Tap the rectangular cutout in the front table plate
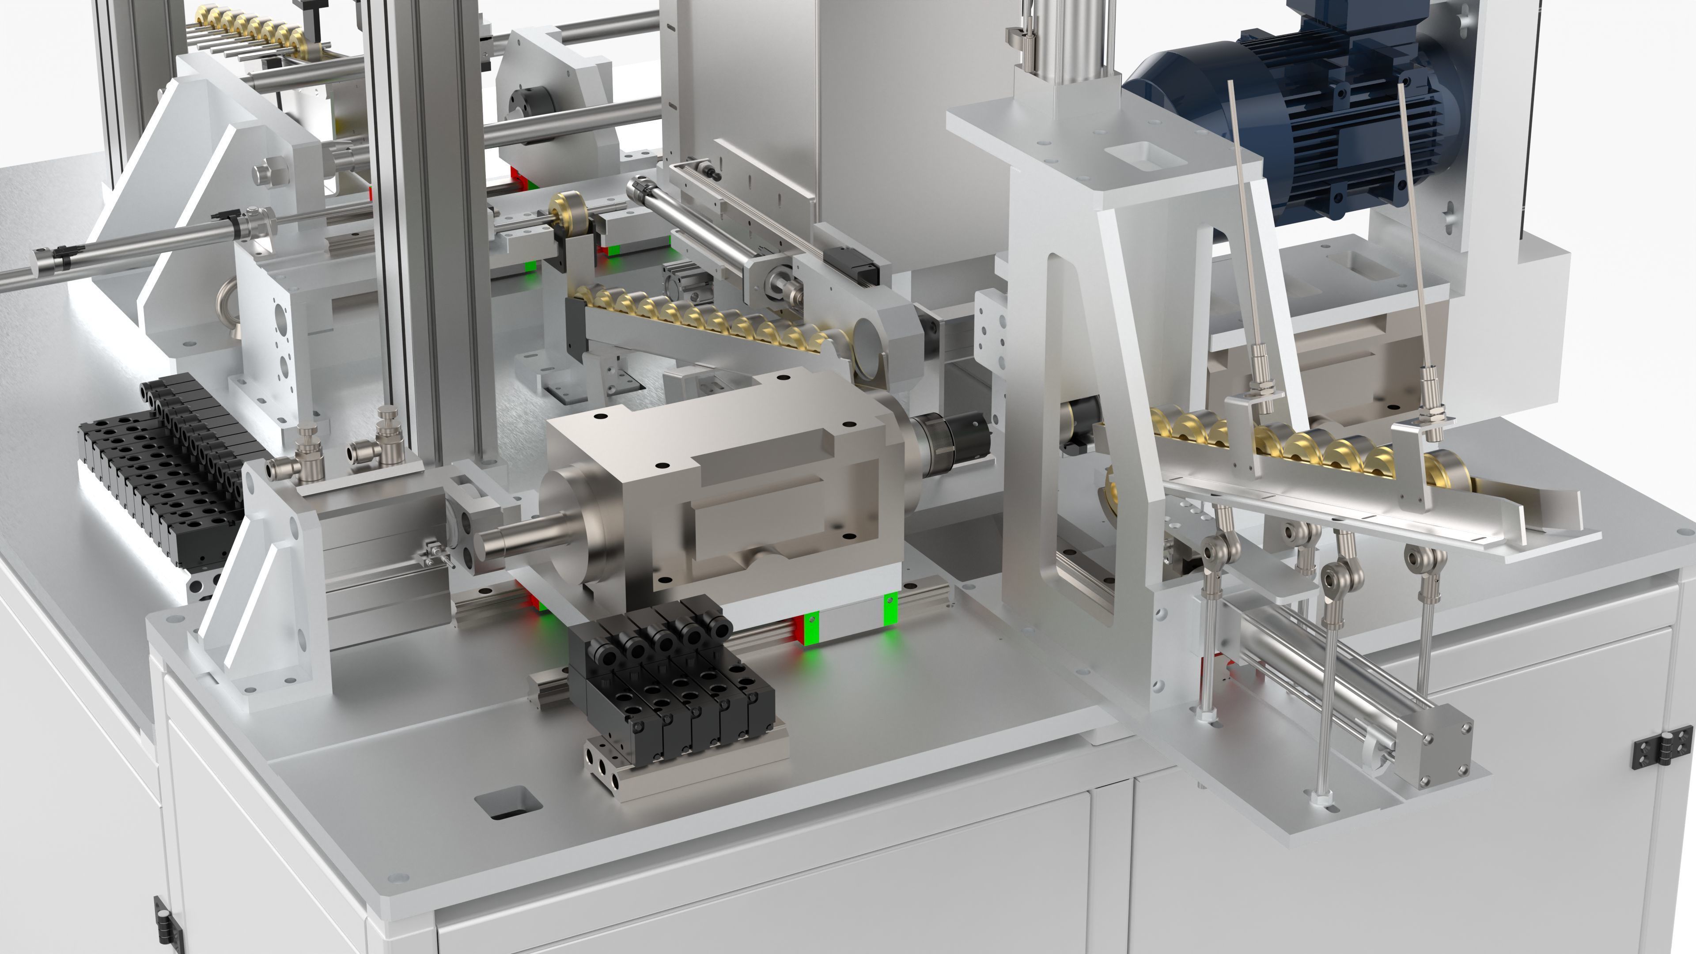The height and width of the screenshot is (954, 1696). click(507, 803)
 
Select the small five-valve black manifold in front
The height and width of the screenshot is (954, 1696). click(665, 678)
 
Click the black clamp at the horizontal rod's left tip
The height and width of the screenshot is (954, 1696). click(66, 251)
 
